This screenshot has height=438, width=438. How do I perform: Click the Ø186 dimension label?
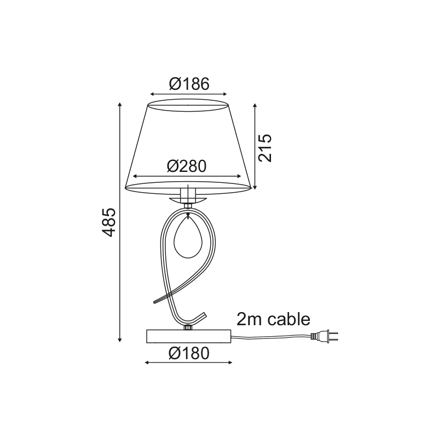pos(189,84)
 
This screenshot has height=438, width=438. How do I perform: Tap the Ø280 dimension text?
pos(187,166)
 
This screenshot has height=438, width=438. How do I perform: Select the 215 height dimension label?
pos(265,148)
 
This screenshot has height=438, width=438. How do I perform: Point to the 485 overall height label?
pos(108,222)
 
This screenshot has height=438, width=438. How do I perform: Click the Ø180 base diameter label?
pos(189,354)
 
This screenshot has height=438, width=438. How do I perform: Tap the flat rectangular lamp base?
pos(188,336)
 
